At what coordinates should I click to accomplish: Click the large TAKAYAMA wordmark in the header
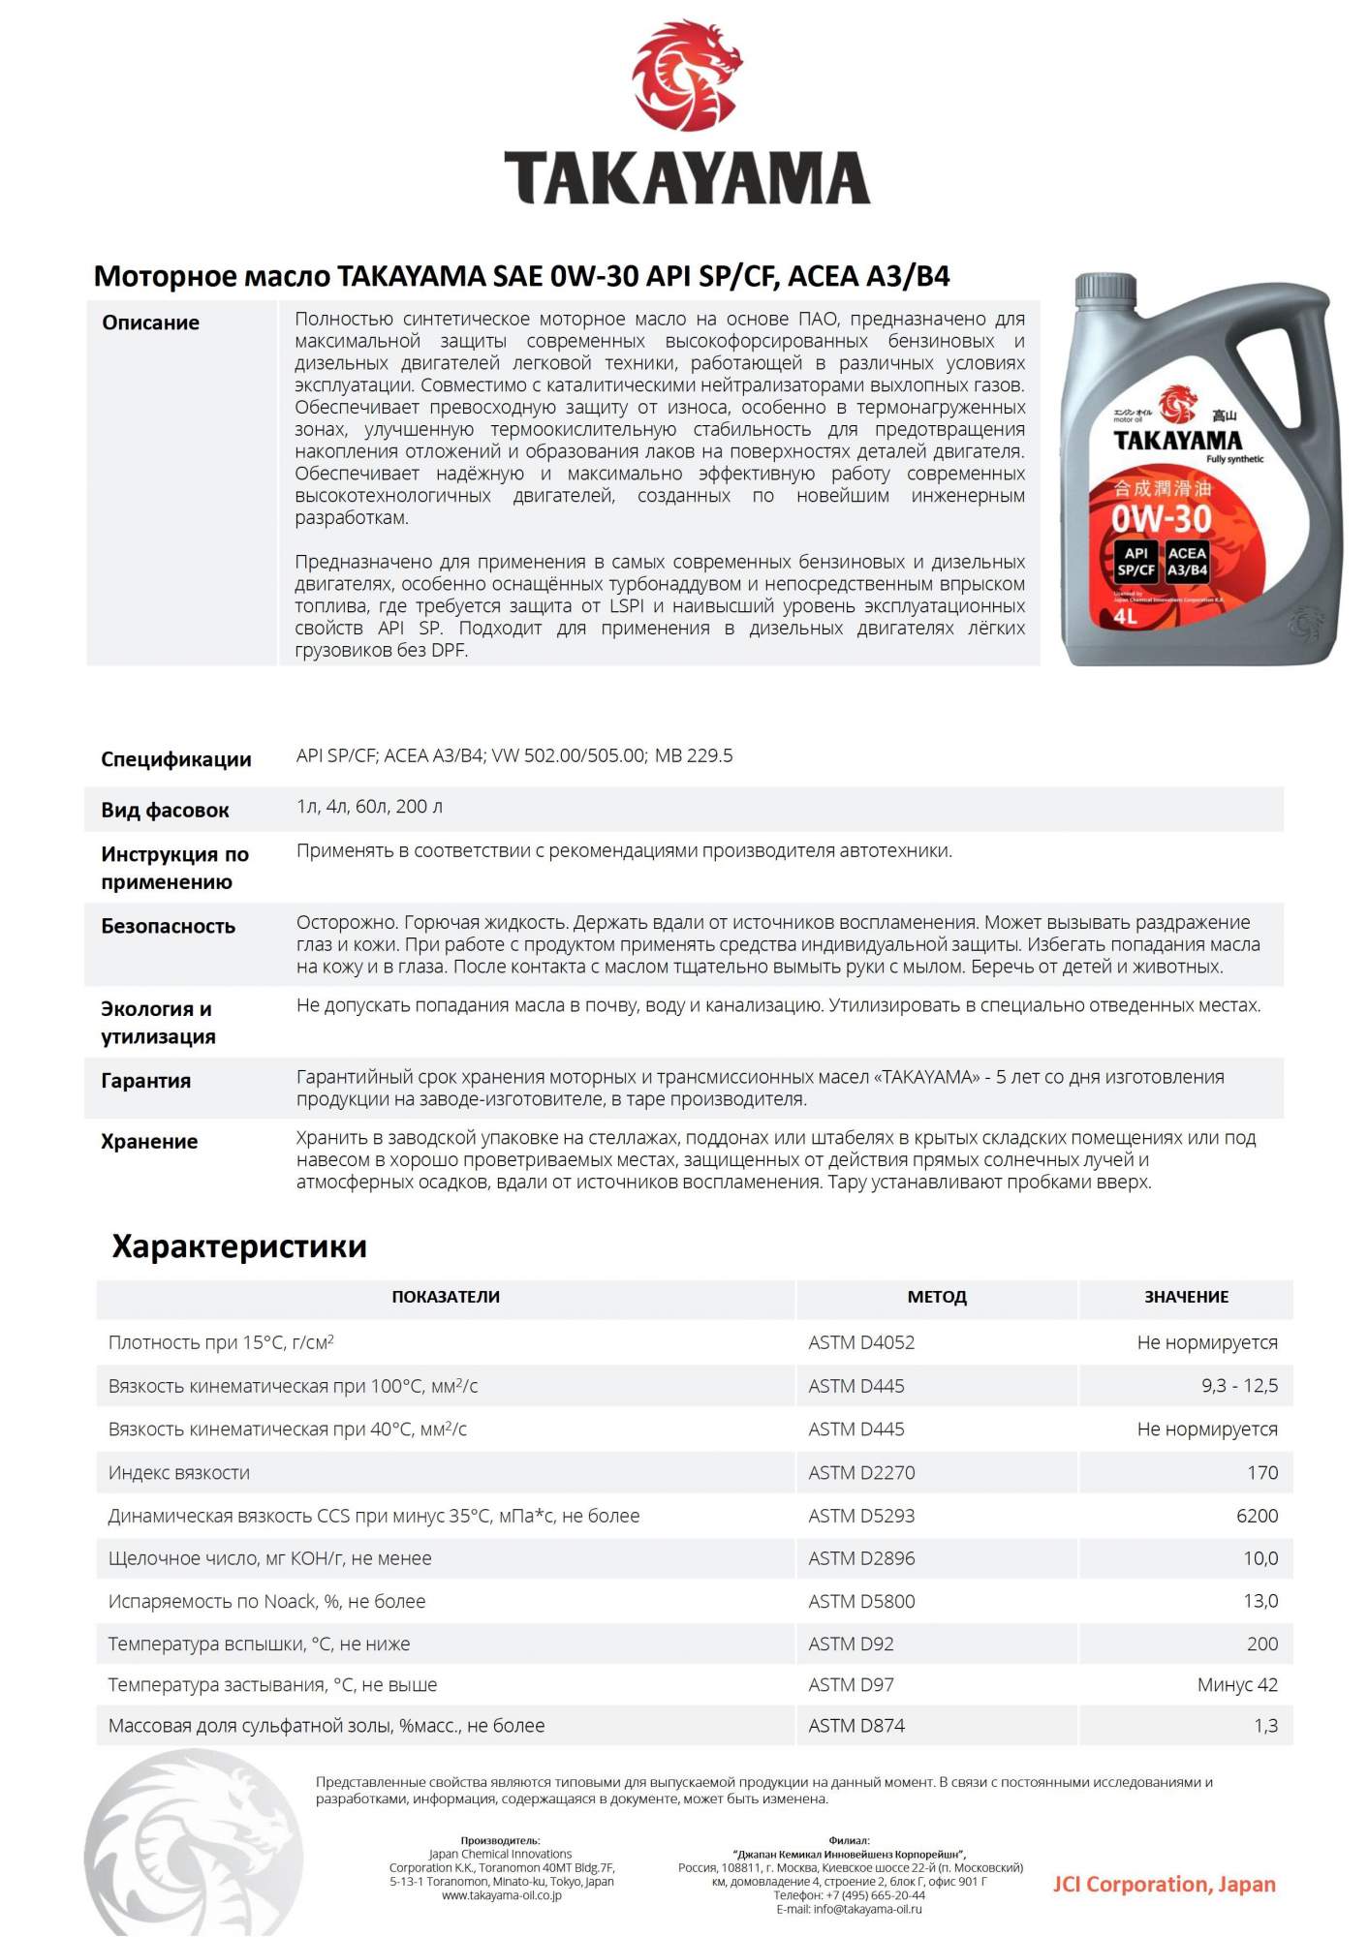[686, 178]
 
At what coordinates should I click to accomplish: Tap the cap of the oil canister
[1105, 288]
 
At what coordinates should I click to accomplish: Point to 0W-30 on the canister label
[1161, 519]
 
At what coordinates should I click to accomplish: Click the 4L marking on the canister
[1125, 616]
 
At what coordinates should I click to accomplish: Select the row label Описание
[150, 323]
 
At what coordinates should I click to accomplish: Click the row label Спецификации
[175, 759]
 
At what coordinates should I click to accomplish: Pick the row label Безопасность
[168, 926]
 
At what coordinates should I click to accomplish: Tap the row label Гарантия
[145, 1081]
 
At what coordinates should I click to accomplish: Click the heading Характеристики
[239, 1246]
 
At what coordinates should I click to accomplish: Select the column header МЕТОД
[936, 1297]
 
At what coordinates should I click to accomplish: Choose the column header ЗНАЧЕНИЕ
[1186, 1297]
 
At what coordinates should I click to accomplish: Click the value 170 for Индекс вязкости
[1261, 1473]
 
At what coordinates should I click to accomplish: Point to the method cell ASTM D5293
[861, 1516]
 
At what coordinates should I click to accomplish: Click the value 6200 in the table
[1257, 1516]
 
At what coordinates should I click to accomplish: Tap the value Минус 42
[1237, 1685]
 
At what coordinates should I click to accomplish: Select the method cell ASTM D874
[856, 1726]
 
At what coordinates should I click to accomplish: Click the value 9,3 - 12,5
[1239, 1386]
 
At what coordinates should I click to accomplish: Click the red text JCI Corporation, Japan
[1164, 1884]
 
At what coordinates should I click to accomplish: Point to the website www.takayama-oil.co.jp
[501, 1895]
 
